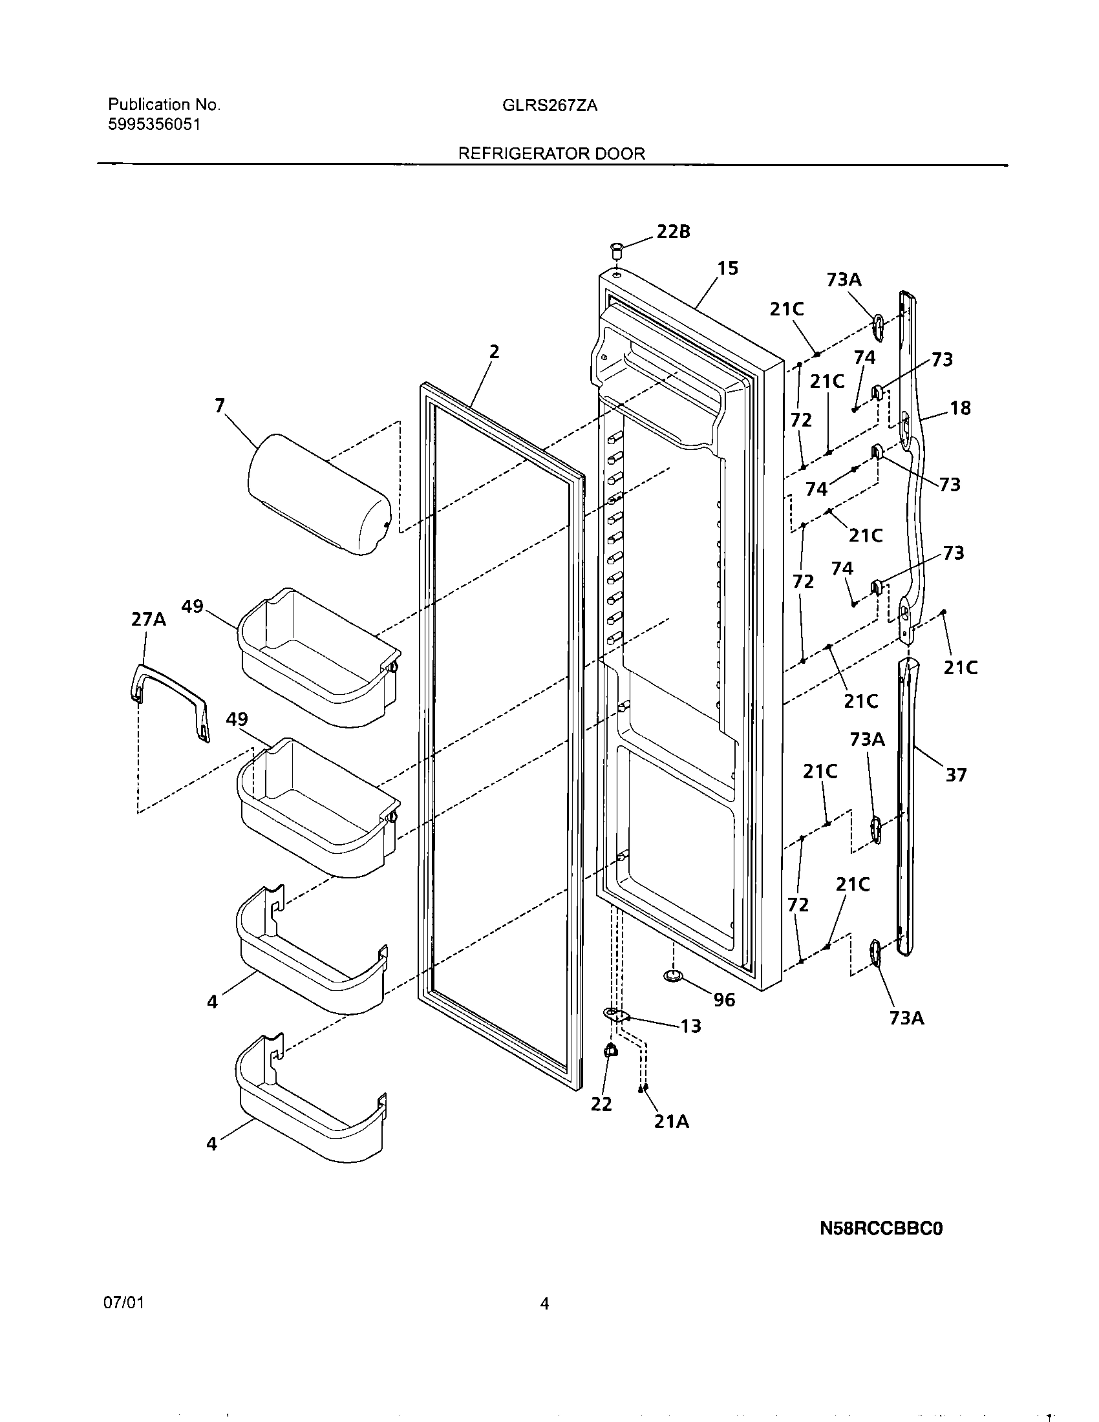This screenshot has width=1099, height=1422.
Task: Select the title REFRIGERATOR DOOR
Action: point(551,154)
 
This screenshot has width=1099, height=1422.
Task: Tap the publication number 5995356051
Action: point(154,125)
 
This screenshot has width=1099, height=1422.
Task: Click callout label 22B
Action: point(672,231)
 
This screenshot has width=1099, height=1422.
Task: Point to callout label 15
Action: point(728,268)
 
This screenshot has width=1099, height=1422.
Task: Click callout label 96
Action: point(724,1000)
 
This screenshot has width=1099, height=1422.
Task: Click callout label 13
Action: point(691,1026)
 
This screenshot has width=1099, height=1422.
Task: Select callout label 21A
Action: point(671,1121)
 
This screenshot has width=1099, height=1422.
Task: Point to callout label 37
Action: point(955,775)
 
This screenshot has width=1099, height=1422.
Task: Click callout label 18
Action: point(960,409)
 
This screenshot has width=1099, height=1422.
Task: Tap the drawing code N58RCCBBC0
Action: point(881,1229)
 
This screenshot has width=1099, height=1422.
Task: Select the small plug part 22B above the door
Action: point(616,248)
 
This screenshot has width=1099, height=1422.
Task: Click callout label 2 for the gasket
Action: point(494,352)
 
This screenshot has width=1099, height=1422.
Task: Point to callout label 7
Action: point(219,406)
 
